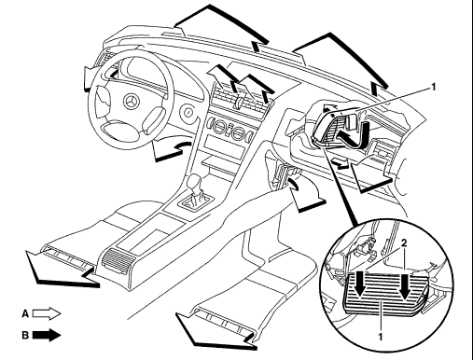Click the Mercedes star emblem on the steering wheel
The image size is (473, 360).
pos(132,101)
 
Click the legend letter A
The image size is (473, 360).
pos(25,313)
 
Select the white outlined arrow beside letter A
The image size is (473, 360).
pos(47,313)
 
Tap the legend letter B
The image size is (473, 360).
pos(25,335)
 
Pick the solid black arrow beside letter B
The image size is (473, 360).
pos(47,335)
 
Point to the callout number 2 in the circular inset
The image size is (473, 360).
pos(404,242)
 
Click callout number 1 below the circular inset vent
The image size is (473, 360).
pos(380,337)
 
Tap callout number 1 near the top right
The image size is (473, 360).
pos(433,88)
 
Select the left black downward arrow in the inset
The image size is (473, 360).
pos(361,284)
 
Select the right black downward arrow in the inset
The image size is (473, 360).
pos(405,285)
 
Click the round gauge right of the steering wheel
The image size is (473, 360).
pos(188,113)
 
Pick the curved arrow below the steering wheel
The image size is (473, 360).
pos(171,150)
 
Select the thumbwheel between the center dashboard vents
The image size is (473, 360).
pos(239,102)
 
